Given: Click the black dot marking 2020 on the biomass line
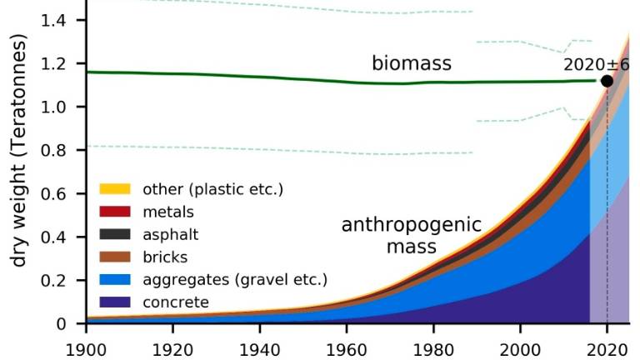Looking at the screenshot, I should (x=607, y=81).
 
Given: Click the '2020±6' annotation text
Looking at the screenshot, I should (x=596, y=64).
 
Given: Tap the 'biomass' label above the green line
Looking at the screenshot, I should (x=412, y=63).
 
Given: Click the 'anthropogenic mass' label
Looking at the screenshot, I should (x=412, y=236).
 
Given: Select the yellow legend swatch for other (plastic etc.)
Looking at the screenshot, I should (x=115, y=189).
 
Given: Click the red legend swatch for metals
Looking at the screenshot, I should (x=115, y=212).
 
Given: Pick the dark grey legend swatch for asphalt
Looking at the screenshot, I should (x=115, y=234).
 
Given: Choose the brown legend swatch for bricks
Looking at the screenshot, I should (x=115, y=257).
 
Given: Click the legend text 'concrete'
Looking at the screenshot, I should (x=176, y=302).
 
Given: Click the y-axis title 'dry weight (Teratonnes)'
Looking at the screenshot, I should (x=20, y=162).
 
